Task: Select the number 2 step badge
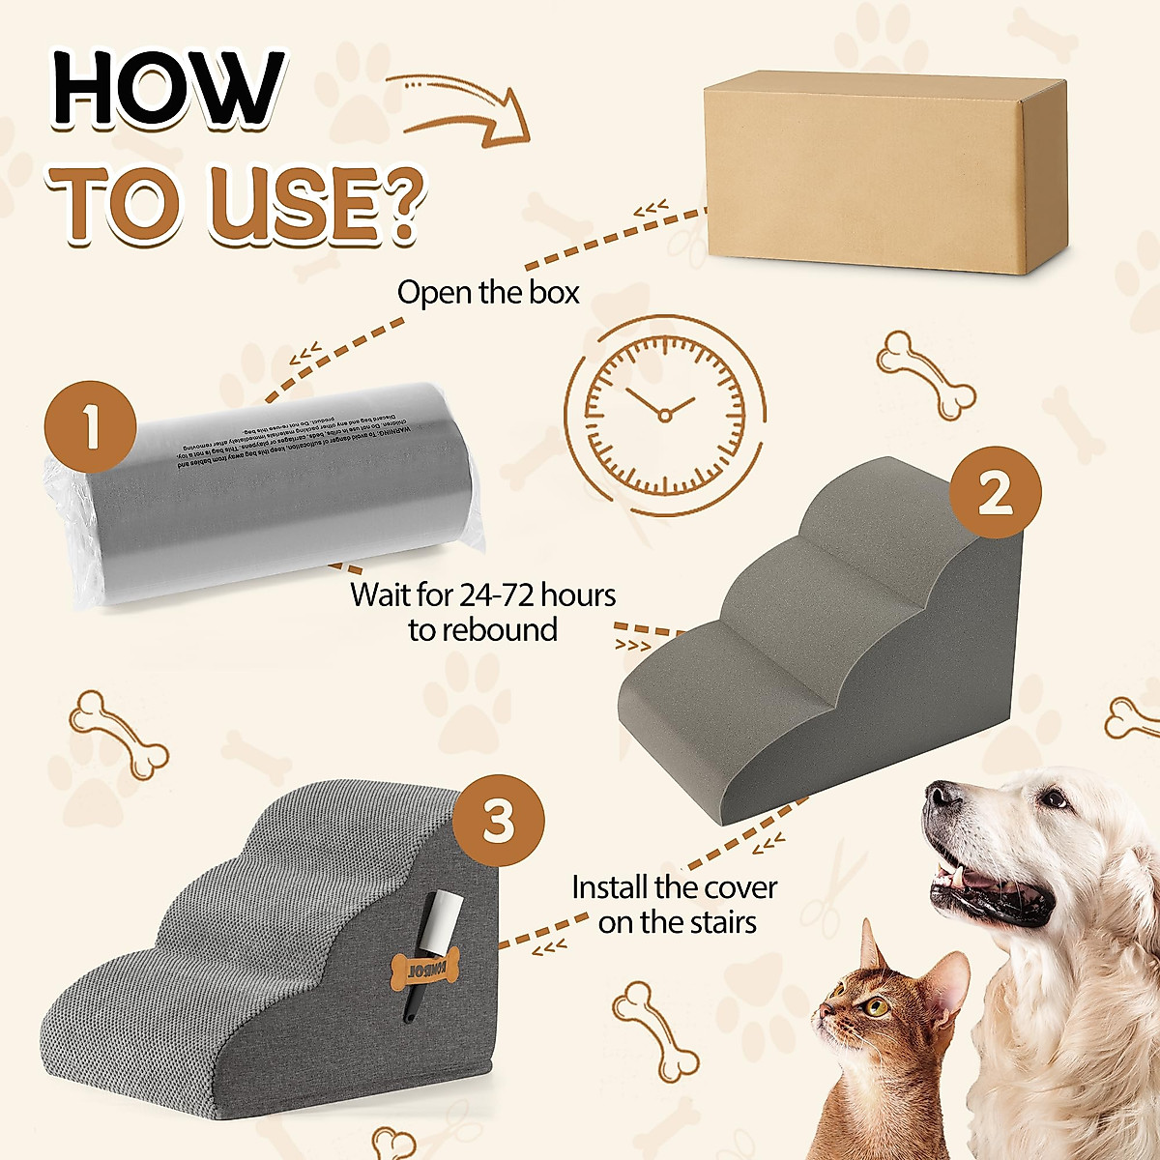(995, 494)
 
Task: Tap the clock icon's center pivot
(664, 415)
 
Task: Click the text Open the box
(488, 292)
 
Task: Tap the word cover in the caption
(740, 887)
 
